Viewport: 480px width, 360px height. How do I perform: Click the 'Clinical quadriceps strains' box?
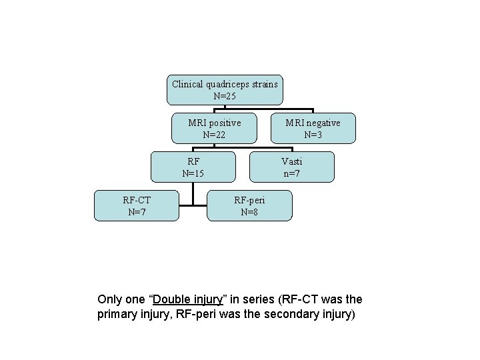pos(224,90)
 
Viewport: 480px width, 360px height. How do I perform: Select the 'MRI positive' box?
pos(214,129)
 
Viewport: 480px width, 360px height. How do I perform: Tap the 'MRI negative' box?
pos(313,129)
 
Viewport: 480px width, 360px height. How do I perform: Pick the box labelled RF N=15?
pos(193,167)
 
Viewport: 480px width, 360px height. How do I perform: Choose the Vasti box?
pos(291,167)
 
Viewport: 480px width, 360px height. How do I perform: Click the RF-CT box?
pos(136,205)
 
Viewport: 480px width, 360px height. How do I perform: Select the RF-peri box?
pos(250,205)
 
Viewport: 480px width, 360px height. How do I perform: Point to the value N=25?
pos(224,96)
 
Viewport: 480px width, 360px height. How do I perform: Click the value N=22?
pos(214,135)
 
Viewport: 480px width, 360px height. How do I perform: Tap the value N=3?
pos(313,135)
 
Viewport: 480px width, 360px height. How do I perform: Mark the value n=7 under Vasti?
pos(291,173)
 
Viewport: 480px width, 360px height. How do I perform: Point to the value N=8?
pos(250,213)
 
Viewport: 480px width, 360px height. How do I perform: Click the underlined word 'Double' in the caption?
pos(174,300)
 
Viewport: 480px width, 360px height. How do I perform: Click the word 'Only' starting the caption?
pos(110,300)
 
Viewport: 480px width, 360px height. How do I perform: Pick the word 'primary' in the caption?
pos(118,314)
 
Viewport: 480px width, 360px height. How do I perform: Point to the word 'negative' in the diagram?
pos(323,123)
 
